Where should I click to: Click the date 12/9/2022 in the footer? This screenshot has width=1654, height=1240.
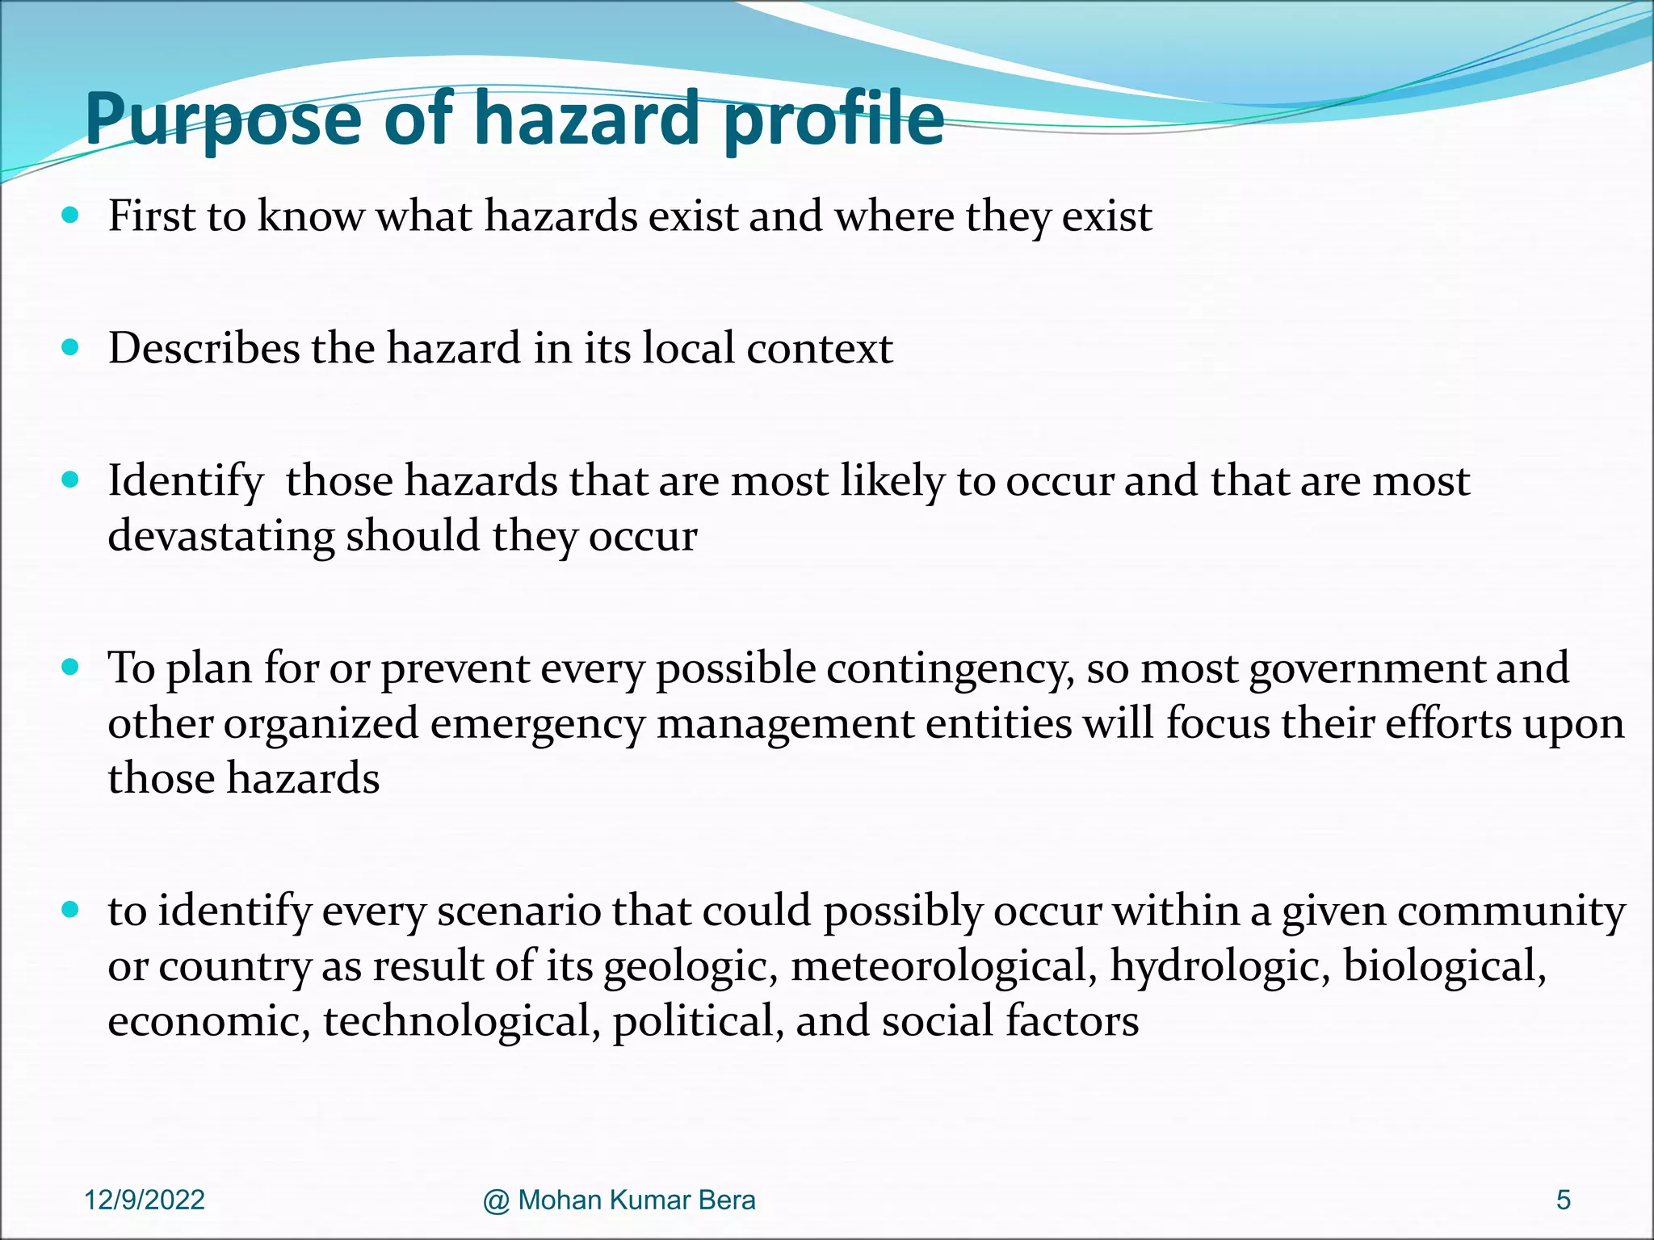click(145, 1200)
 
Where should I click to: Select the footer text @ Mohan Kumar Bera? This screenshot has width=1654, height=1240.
click(619, 1200)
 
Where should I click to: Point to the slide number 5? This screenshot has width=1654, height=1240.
click(1564, 1200)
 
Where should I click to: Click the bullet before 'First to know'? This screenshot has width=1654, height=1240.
click(70, 216)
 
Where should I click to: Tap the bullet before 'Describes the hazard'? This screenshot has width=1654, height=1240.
click(70, 348)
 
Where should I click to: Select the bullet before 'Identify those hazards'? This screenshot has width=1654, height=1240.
click(70, 480)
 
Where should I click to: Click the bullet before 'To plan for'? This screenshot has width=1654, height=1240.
click(70, 668)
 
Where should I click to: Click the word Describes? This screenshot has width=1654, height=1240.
click(204, 349)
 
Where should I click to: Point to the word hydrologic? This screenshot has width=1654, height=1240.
click(1220, 966)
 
